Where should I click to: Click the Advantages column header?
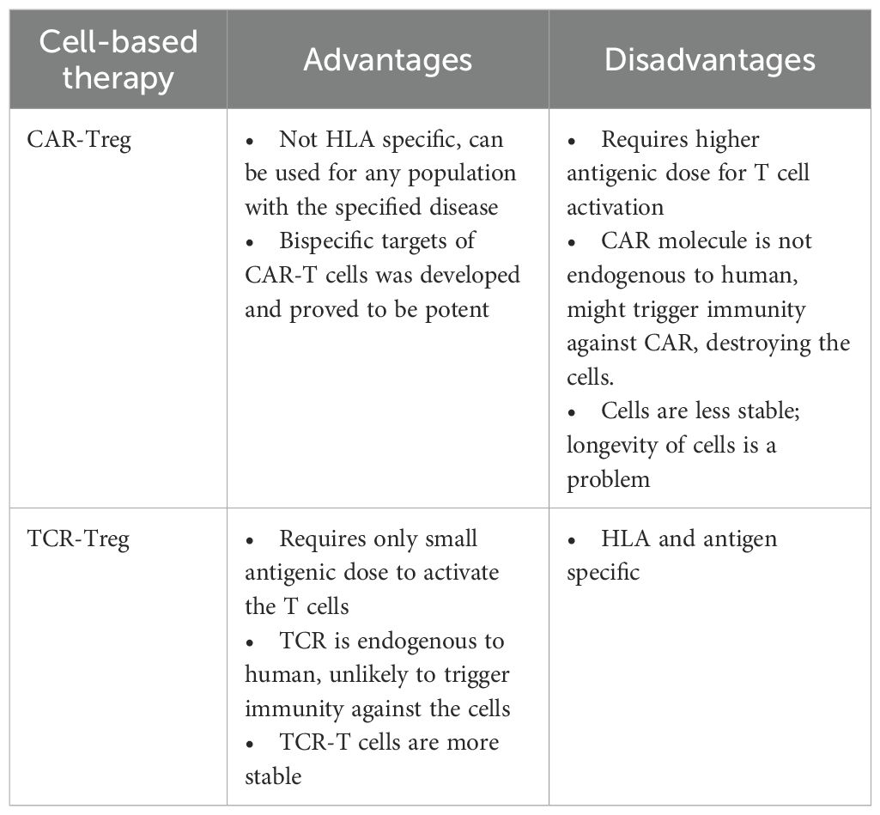387,59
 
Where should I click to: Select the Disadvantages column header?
709,59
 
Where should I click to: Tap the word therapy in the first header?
118,78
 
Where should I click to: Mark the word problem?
608,479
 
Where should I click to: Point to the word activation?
614,207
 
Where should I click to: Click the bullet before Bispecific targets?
251,241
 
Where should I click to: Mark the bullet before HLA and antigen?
573,540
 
